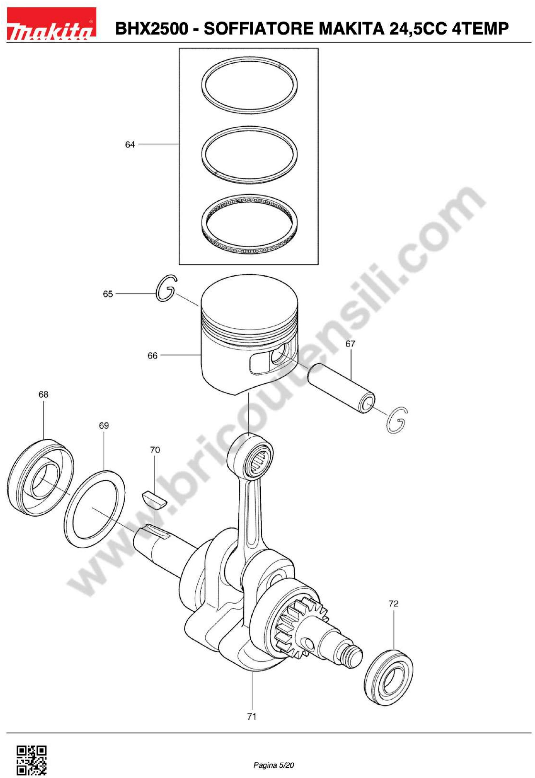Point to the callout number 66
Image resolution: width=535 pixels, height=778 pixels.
153,356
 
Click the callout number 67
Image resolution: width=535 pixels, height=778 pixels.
350,344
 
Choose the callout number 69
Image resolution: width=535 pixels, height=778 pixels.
104,426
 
